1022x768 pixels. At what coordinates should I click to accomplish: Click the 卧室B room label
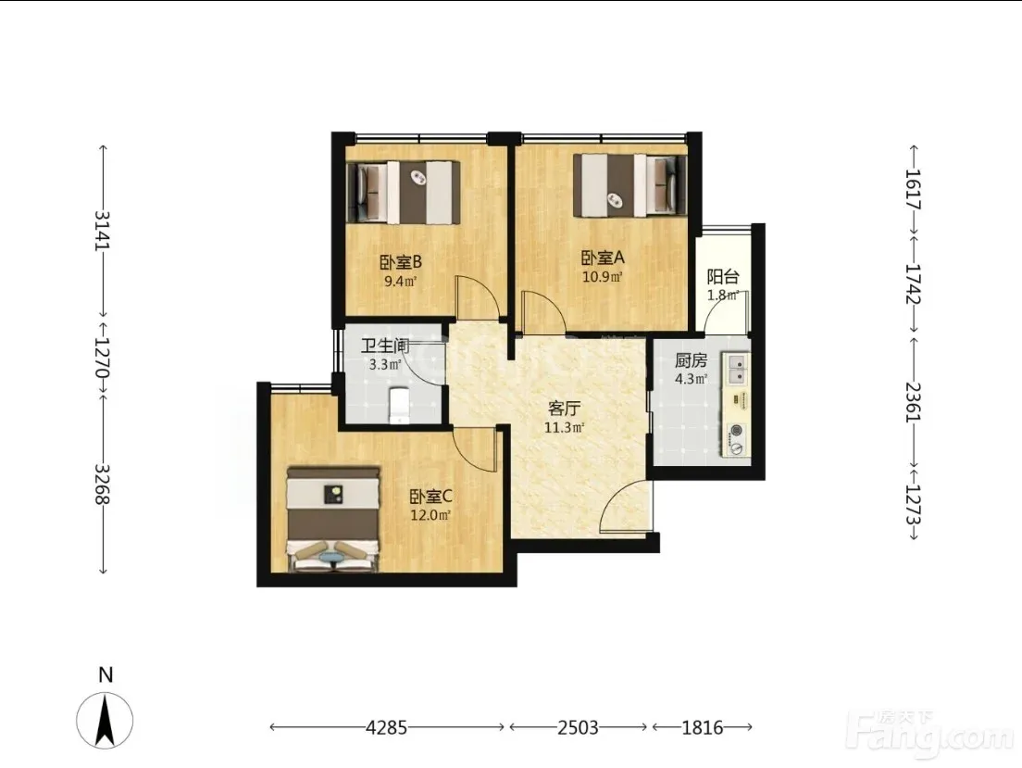coord(401,262)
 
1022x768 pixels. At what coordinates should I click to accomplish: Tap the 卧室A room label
coord(603,258)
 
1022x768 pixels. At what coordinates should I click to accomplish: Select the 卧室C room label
coord(430,497)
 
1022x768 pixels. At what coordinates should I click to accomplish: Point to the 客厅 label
coord(564,409)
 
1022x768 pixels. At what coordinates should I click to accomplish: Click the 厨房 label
coord(691,360)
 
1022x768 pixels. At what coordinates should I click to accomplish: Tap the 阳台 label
coord(723,277)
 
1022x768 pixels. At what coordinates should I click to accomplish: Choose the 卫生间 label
coord(384,346)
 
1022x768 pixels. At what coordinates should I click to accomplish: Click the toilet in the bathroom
coord(398,406)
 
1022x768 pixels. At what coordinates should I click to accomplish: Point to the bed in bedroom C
coord(333,519)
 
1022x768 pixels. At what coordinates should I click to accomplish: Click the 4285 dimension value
coord(387,727)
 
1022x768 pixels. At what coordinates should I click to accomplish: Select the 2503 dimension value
coord(579,727)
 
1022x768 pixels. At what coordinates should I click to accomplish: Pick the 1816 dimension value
coord(703,727)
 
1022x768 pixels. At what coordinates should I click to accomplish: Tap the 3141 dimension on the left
coord(103,230)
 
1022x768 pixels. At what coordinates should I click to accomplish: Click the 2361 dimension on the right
coord(914,402)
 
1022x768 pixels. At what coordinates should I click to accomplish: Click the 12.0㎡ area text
coord(430,515)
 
